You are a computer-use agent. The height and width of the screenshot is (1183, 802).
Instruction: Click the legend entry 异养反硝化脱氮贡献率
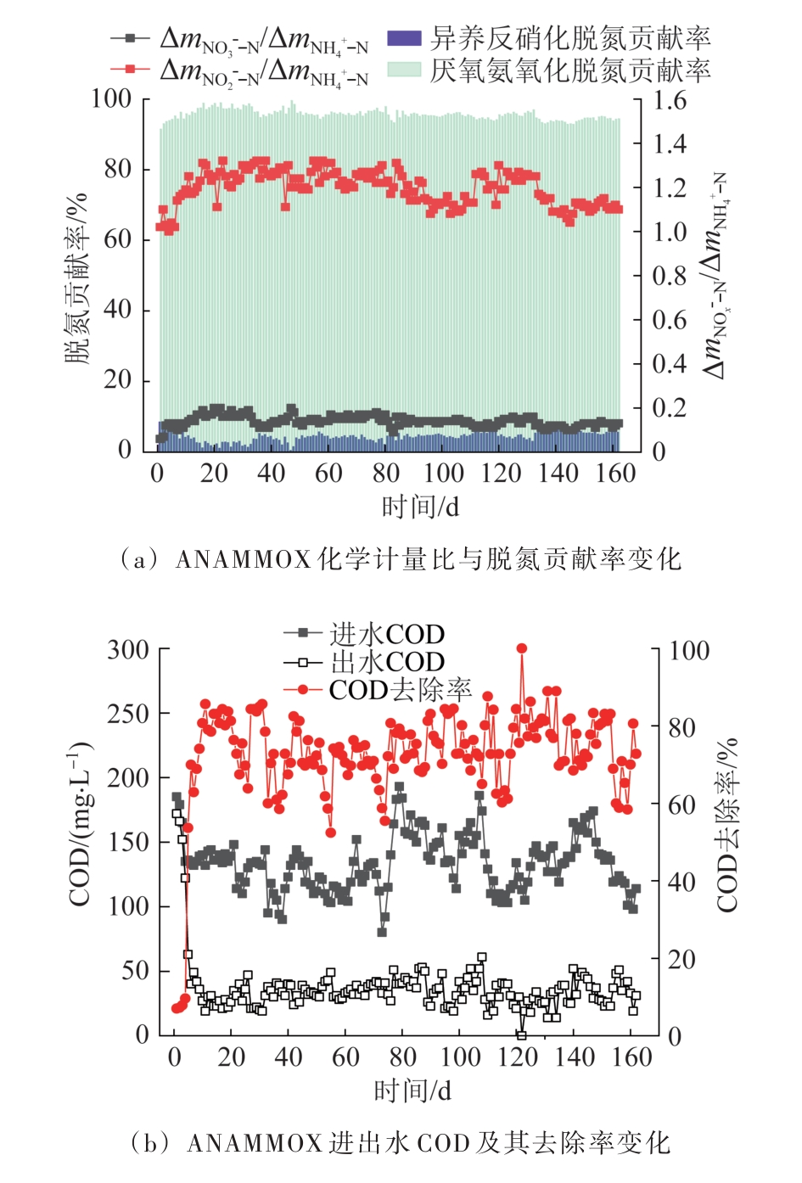tap(569, 38)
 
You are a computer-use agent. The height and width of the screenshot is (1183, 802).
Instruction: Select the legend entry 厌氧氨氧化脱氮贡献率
tap(569, 70)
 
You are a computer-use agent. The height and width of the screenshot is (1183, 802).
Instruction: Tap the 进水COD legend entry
tap(387, 634)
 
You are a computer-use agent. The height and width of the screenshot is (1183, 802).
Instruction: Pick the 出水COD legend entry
tap(387, 662)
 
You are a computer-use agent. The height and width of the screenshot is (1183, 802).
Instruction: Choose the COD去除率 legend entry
tap(400, 690)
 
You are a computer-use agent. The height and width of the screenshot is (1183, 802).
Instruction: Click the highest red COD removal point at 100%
tap(522, 649)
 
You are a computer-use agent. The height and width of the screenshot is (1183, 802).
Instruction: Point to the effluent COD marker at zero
tap(522, 1034)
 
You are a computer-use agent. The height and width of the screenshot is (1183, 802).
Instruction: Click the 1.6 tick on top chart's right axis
tap(670, 100)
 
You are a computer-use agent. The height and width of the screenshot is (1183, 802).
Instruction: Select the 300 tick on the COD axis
tap(128, 650)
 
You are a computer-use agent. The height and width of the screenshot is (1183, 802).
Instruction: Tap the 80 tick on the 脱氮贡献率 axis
tap(118, 169)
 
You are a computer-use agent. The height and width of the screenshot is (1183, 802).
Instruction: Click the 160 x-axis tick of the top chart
tap(615, 473)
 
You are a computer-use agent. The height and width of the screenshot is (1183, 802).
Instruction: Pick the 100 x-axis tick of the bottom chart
tap(460, 1057)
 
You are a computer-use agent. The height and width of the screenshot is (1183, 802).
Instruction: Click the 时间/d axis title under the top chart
tap(420, 507)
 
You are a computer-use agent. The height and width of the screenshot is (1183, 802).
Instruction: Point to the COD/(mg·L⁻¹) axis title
tap(80, 823)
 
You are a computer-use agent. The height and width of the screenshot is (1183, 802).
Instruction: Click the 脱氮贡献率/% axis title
tap(77, 276)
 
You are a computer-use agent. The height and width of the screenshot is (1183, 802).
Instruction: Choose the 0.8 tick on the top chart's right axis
tap(670, 276)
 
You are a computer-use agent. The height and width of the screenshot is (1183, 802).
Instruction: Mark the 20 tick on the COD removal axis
tap(681, 959)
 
